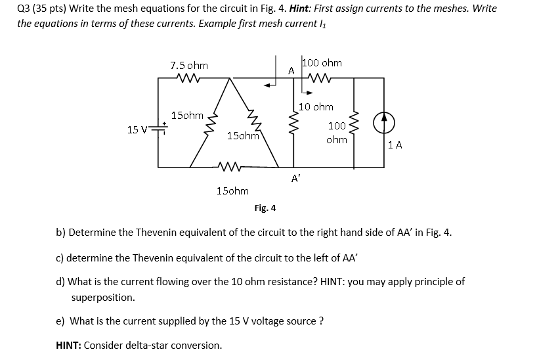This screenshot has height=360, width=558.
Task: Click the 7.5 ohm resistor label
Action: [x=189, y=66]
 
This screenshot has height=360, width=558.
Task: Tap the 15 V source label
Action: [x=136, y=129]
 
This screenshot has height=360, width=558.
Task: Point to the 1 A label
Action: [x=395, y=145]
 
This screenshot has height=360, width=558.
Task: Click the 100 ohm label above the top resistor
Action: [x=322, y=63]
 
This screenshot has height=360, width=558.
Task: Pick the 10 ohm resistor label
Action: [x=316, y=107]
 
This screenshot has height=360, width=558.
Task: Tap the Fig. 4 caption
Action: [x=265, y=208]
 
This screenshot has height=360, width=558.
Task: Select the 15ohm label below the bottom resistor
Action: [x=232, y=191]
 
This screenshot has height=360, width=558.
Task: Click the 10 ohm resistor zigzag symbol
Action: [x=293, y=122]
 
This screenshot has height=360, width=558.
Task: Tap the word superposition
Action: [x=103, y=297]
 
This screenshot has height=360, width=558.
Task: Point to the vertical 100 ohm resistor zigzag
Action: [x=355, y=125]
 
